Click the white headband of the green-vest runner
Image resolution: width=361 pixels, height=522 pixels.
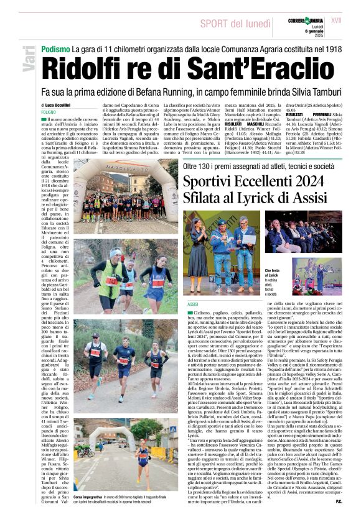115,252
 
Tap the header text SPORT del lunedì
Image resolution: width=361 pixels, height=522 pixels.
234,24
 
